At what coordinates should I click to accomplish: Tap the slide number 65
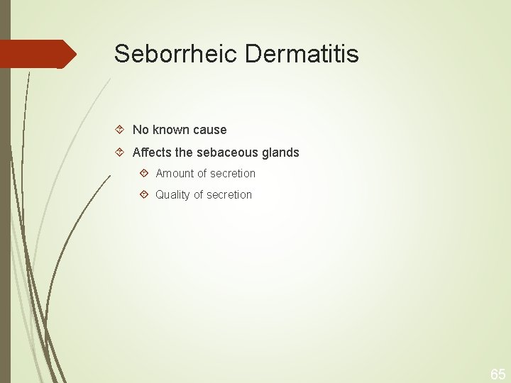(x=498, y=374)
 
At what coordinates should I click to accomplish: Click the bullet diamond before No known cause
(x=121, y=130)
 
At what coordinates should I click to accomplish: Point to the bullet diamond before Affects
(x=121, y=152)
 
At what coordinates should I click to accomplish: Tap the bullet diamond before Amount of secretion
(x=144, y=173)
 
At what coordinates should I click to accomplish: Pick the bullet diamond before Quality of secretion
(x=144, y=194)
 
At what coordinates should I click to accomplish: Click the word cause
(x=211, y=130)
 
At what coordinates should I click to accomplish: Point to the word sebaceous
(x=229, y=152)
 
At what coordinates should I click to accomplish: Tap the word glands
(x=280, y=152)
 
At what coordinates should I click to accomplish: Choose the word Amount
(x=175, y=173)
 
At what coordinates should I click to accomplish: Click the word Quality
(x=174, y=194)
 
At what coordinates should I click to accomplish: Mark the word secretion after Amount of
(x=233, y=173)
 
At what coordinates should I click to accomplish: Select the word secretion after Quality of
(x=230, y=194)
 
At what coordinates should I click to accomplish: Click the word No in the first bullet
(x=141, y=130)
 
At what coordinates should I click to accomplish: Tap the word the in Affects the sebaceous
(x=185, y=152)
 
